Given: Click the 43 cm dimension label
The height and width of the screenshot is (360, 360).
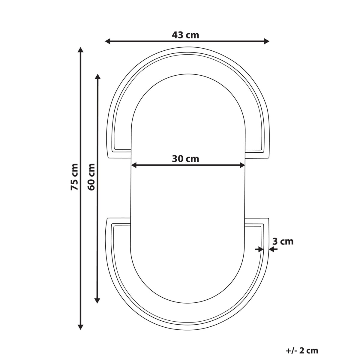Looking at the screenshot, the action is tap(185, 35).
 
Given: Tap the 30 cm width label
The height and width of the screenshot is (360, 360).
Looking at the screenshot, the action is tap(185, 159).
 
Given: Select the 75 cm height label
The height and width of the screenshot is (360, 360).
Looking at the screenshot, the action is tap(74, 177).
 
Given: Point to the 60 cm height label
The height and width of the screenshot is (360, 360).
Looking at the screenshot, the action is tap(91, 177).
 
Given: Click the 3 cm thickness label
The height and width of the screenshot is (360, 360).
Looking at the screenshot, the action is tap(283, 241).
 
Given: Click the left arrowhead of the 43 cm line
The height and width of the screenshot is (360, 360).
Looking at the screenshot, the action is tap(108, 41).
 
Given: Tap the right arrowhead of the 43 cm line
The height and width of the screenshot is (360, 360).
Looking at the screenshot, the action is tap(267, 41).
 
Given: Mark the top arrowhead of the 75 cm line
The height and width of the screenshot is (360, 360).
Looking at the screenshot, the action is tap(80, 50).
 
